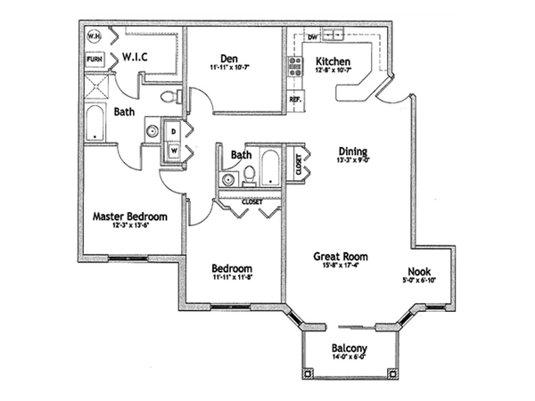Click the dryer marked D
(175, 131)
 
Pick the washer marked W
(175, 150)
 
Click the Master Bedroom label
(131, 217)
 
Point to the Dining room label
(352, 151)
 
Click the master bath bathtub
(95, 122)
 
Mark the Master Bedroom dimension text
(131, 228)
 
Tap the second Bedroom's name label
(231, 268)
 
